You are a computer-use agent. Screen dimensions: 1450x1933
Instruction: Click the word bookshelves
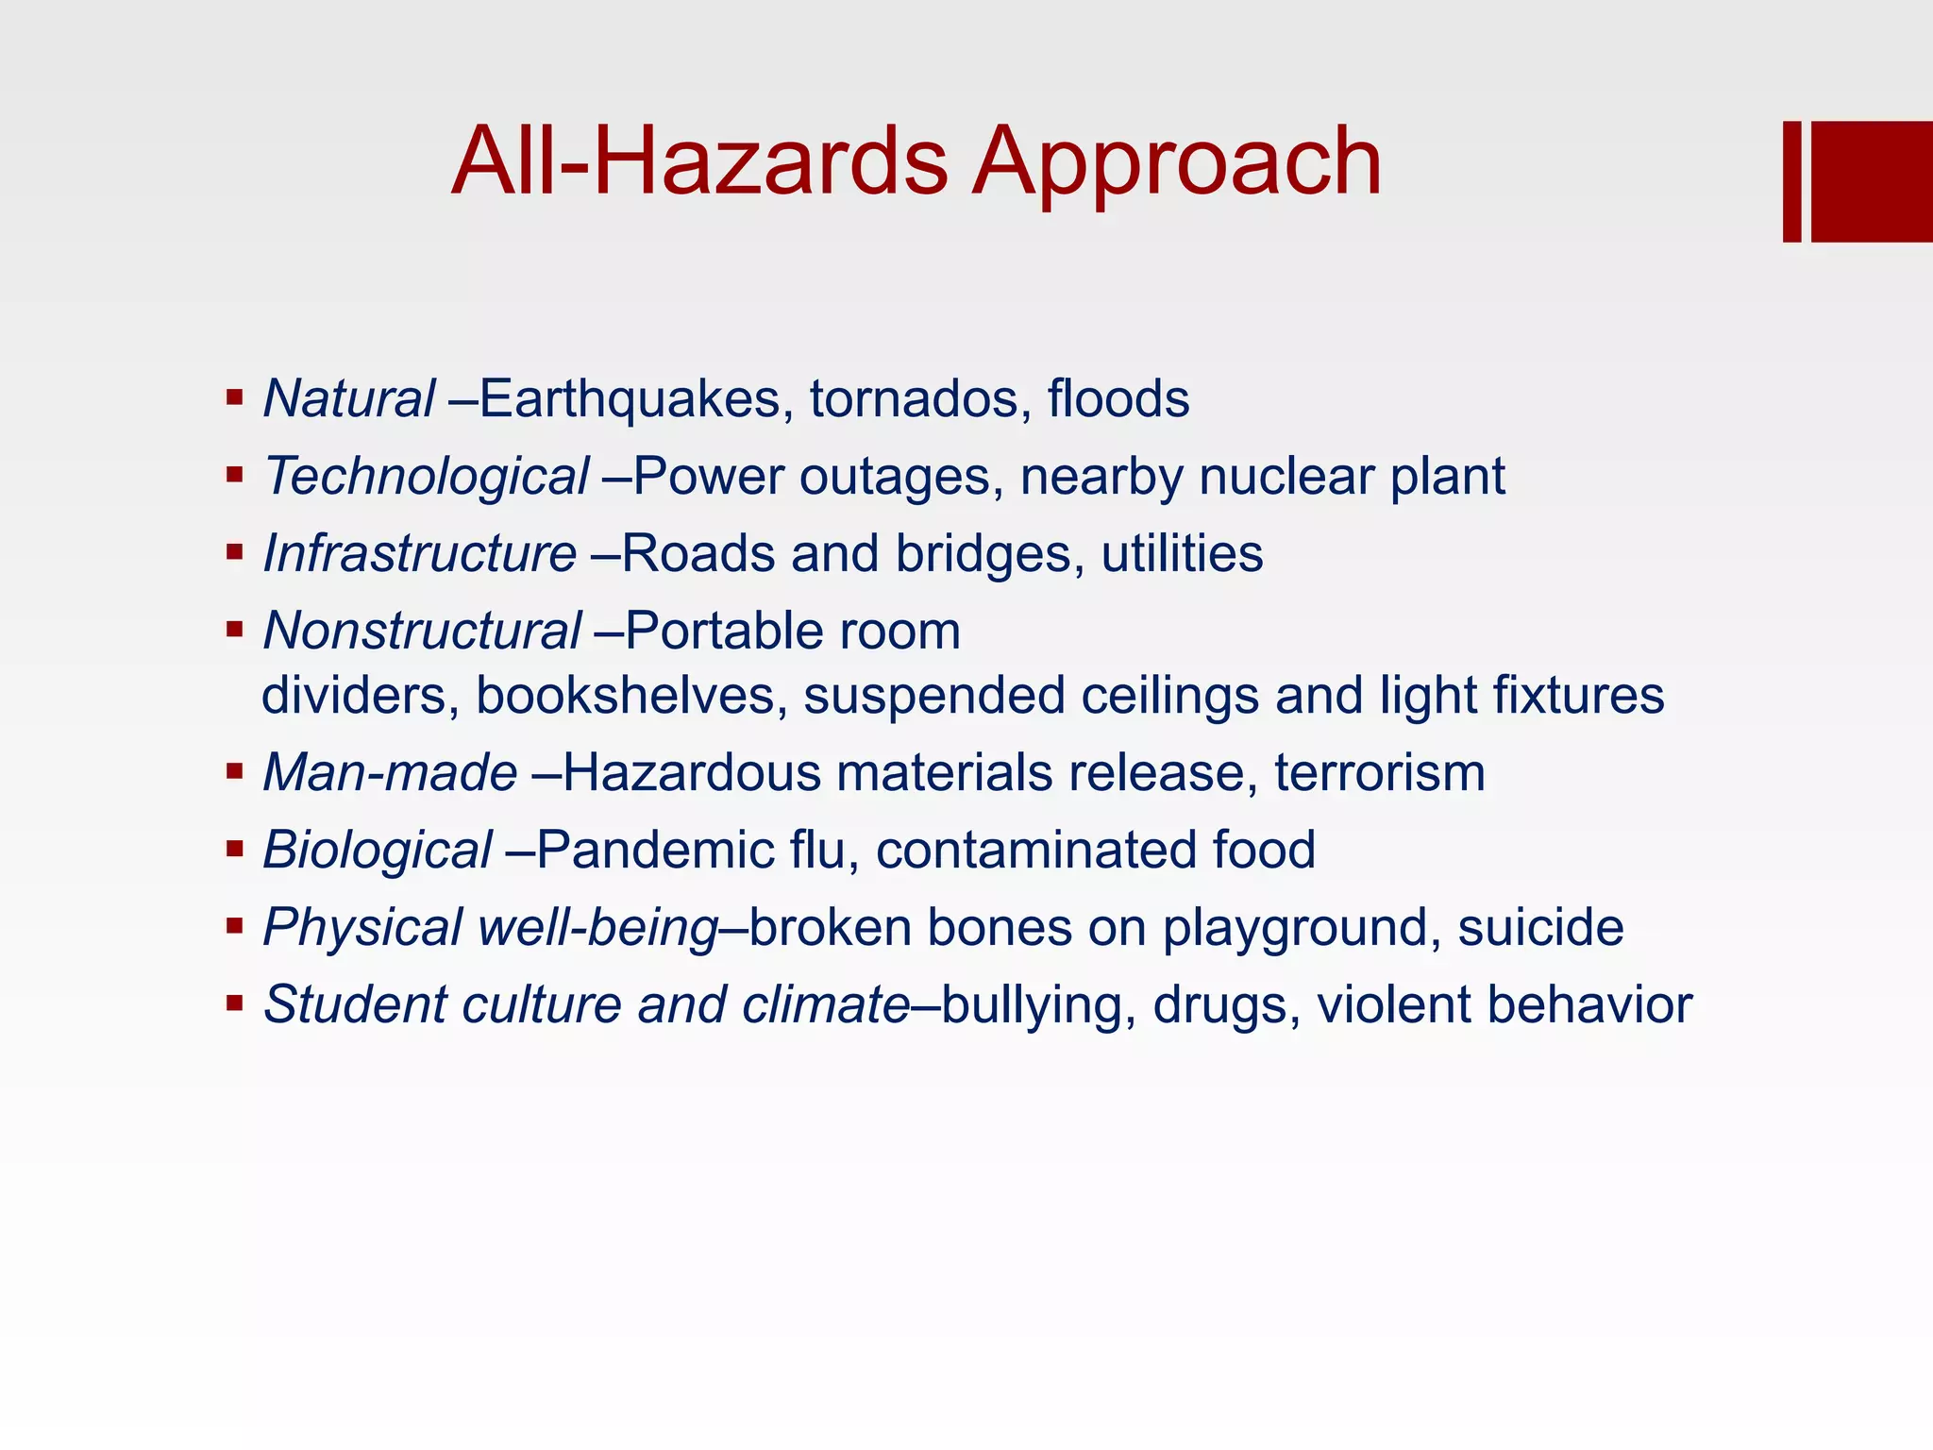pos(631,696)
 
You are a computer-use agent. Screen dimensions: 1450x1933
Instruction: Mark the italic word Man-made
pos(390,773)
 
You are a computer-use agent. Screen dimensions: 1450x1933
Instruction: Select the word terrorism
pos(1380,773)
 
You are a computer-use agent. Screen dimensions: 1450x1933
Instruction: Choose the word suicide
pos(1540,928)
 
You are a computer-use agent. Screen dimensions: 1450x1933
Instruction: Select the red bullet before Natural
pos(235,396)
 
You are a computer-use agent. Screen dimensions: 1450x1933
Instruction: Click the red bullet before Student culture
pos(235,1003)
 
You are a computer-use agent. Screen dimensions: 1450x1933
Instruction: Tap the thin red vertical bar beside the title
pos(1791,181)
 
